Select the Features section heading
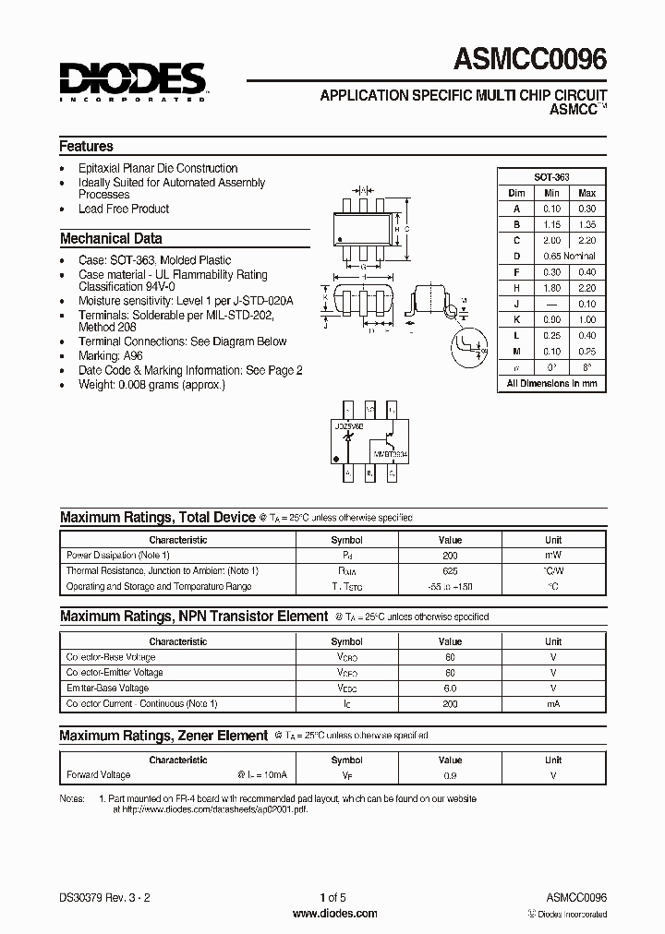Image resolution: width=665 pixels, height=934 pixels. click(87, 146)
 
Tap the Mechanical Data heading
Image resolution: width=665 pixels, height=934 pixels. click(111, 238)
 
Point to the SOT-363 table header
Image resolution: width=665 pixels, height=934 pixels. click(551, 176)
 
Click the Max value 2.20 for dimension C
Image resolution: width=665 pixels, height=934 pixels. click(586, 240)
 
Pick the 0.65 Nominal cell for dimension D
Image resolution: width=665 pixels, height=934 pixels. click(568, 256)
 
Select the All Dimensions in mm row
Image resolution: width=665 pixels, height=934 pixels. click(551, 383)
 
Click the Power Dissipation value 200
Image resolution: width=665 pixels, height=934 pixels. click(450, 556)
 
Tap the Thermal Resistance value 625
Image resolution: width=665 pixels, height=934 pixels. click(450, 571)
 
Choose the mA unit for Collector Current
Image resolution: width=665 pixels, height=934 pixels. click(552, 703)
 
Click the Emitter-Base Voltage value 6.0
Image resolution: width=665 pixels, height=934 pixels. click(450, 689)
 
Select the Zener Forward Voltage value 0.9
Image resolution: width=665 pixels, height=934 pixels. click(450, 775)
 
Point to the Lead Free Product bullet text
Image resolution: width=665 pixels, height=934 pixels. click(124, 209)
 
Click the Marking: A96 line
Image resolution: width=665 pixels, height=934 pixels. click(111, 355)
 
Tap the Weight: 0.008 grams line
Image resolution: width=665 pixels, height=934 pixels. click(151, 384)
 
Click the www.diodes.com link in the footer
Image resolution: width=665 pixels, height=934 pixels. click(334, 914)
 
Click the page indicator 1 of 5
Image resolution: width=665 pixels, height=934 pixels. click(333, 897)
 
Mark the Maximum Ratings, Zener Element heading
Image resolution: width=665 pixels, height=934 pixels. click(163, 736)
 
